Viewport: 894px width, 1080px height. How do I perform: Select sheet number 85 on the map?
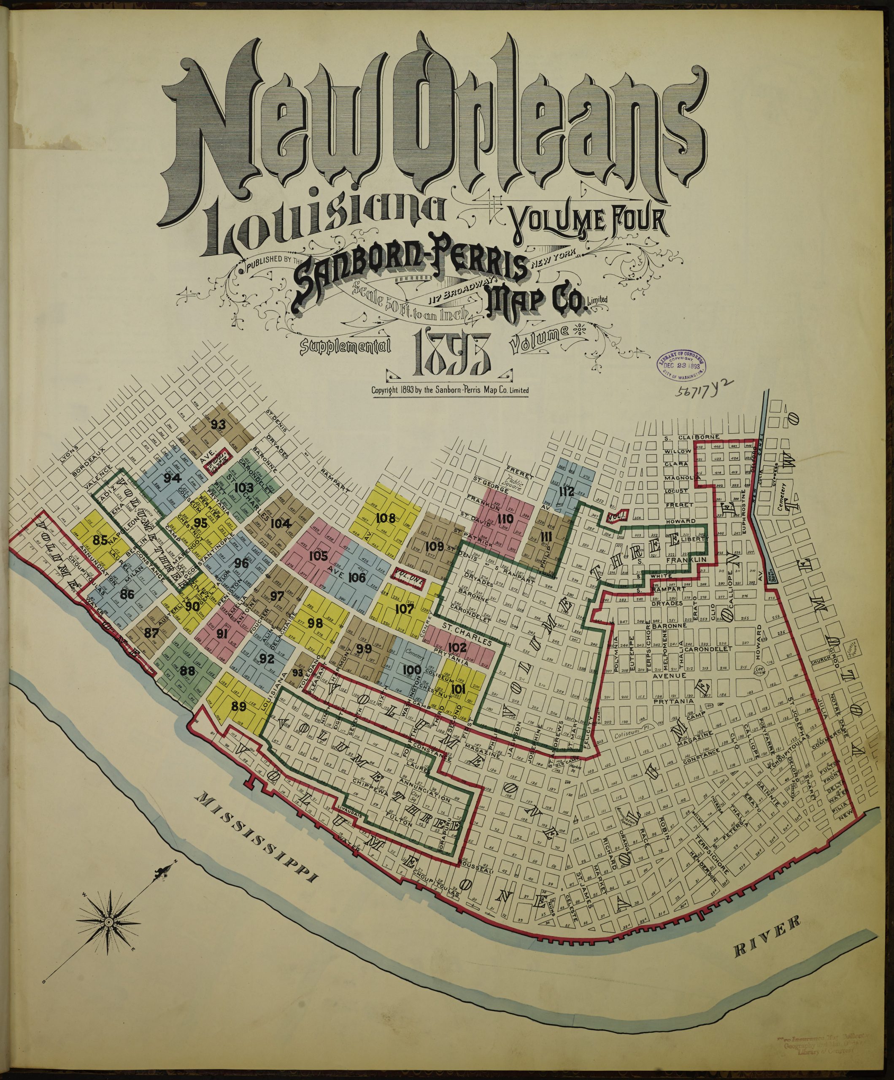(x=101, y=540)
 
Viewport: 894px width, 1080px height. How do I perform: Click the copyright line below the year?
(x=450, y=390)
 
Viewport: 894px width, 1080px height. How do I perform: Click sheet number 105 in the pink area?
(x=319, y=556)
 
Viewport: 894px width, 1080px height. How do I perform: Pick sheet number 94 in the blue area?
(x=167, y=478)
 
